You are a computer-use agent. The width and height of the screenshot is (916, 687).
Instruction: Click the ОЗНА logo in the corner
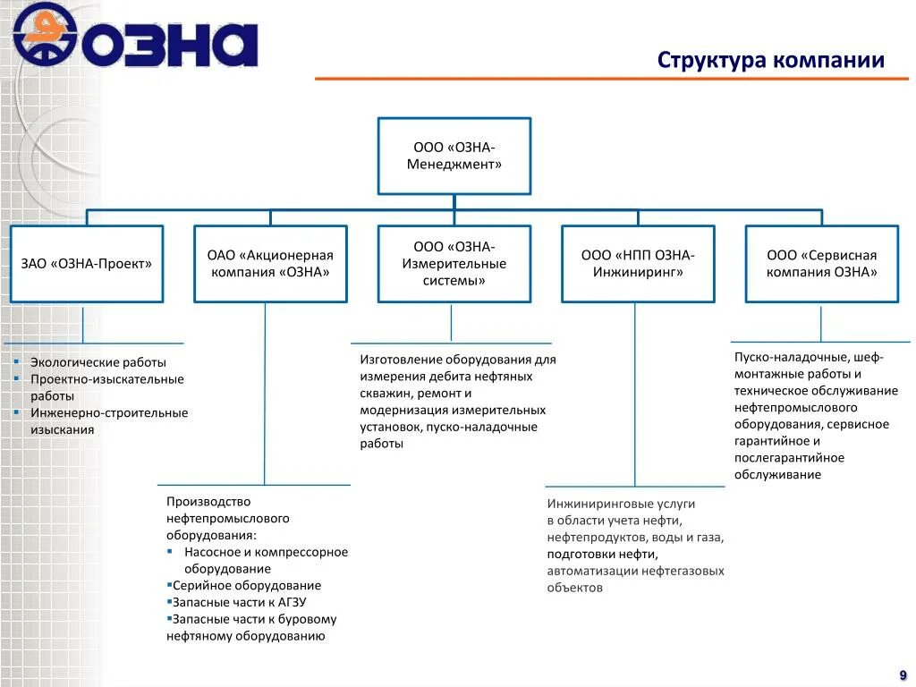click(x=134, y=36)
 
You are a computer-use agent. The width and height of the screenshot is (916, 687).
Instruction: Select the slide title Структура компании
click(x=770, y=61)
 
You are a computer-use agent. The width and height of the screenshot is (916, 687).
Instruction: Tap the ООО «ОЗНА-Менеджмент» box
click(x=454, y=156)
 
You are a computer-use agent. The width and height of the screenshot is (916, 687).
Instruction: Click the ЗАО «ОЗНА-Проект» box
click(x=87, y=263)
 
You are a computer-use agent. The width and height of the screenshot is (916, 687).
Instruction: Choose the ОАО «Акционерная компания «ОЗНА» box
click(x=270, y=263)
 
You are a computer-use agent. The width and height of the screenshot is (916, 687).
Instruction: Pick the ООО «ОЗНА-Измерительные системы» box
click(x=454, y=263)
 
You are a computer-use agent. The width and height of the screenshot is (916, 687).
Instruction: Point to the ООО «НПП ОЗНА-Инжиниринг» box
click(x=638, y=263)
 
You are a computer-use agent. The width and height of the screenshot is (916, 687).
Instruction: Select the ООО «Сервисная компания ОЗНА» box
click(x=821, y=263)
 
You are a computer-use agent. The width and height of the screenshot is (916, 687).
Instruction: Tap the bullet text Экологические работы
click(x=98, y=362)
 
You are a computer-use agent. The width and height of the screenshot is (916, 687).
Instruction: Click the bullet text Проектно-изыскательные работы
click(x=106, y=387)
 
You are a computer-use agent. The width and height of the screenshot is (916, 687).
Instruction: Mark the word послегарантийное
click(x=789, y=457)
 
